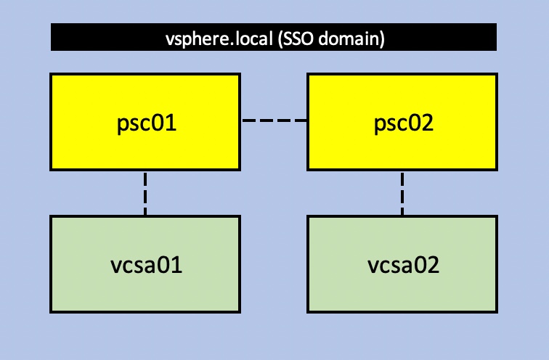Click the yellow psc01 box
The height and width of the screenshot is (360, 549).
[x=145, y=102]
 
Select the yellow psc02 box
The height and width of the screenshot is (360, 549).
[x=402, y=102]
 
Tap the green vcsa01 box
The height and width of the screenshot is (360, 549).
[x=145, y=283]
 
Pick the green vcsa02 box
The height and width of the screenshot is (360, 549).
[x=402, y=283]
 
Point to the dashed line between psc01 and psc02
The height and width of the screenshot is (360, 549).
[x=274, y=120]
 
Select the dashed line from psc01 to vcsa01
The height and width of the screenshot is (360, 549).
[x=145, y=193]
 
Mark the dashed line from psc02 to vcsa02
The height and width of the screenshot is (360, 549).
[x=402, y=193]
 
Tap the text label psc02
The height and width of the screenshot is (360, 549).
[x=402, y=121]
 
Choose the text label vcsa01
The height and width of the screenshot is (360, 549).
[x=145, y=265]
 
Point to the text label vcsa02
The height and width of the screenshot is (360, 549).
[x=402, y=265]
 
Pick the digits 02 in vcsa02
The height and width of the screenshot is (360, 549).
[x=428, y=265]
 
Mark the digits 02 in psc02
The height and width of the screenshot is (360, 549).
[x=421, y=121]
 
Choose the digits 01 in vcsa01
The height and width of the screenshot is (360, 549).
[x=171, y=265]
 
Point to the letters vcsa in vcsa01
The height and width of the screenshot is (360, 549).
[x=133, y=265]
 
